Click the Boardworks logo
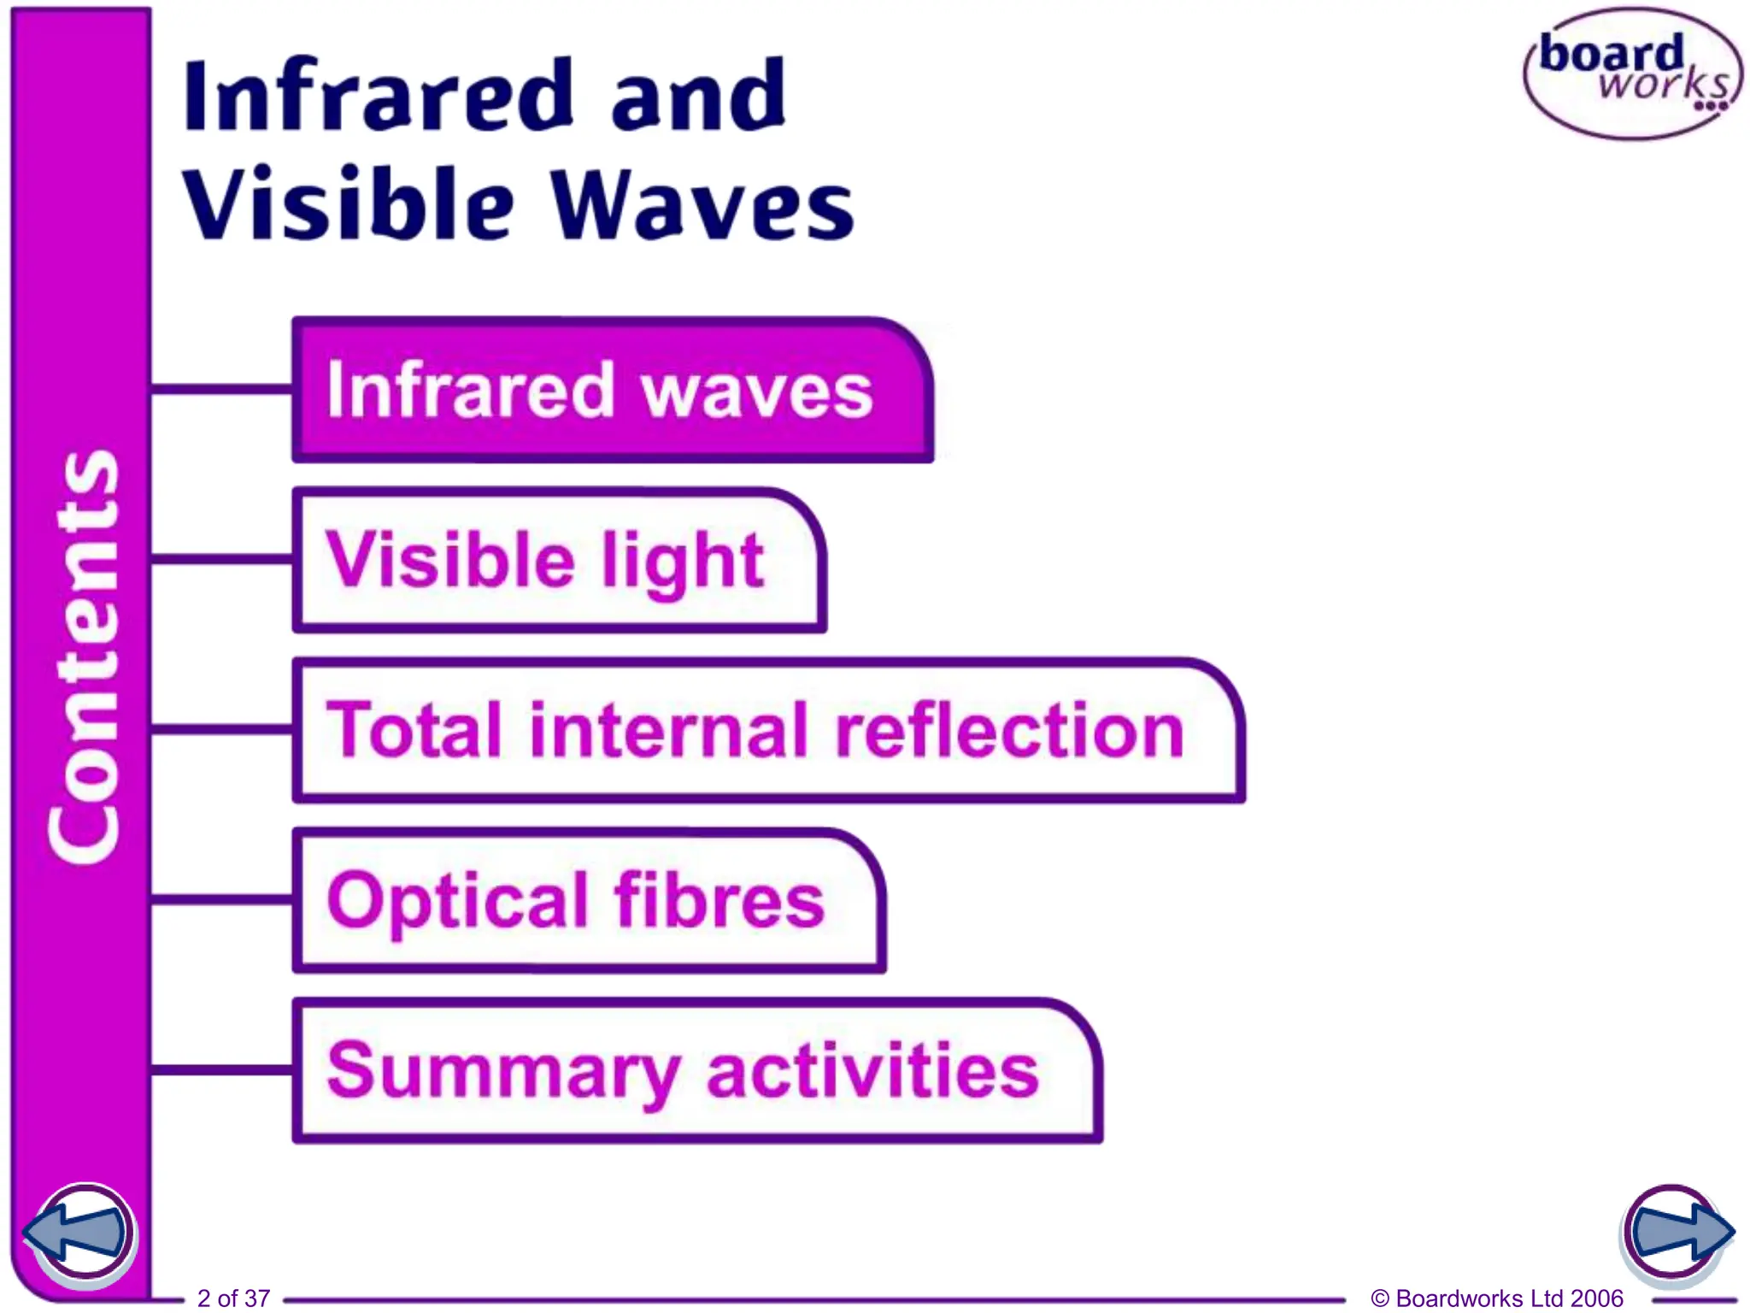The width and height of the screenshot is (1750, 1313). (x=1632, y=74)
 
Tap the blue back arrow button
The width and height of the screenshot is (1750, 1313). (x=79, y=1233)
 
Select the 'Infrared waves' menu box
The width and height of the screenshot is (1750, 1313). (x=611, y=391)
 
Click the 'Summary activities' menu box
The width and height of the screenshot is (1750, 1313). (x=696, y=1070)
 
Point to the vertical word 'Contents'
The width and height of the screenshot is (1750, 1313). (x=83, y=656)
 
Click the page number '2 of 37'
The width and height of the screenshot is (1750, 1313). (x=233, y=1298)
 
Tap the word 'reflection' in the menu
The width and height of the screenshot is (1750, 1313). (x=1009, y=731)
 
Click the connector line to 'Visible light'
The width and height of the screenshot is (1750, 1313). (x=222, y=560)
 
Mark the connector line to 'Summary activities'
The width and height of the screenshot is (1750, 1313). (x=222, y=1069)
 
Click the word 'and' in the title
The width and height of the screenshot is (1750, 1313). (x=698, y=96)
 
